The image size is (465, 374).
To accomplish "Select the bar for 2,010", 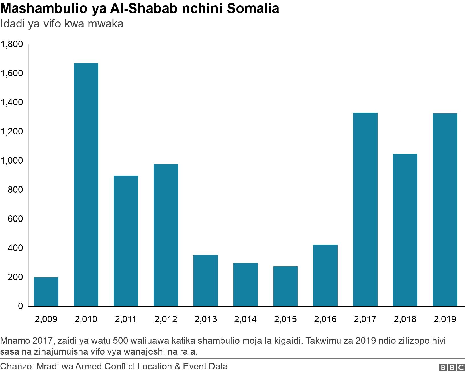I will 86,185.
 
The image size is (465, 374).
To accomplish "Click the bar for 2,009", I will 46,292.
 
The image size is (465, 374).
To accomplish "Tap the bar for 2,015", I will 285,286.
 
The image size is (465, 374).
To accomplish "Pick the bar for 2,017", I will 365,210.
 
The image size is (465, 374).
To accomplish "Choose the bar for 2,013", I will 205,281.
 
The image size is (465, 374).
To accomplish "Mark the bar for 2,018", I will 405,230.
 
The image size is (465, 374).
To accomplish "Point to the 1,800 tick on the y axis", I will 12,44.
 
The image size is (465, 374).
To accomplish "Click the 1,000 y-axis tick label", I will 12,161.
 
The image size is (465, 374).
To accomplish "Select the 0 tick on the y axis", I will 20,306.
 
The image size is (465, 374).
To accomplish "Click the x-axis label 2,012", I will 166,319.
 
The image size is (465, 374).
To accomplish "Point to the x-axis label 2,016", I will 325,319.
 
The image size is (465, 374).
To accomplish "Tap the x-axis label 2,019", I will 445,319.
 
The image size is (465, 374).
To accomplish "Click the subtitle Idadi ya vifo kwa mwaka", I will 62,24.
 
